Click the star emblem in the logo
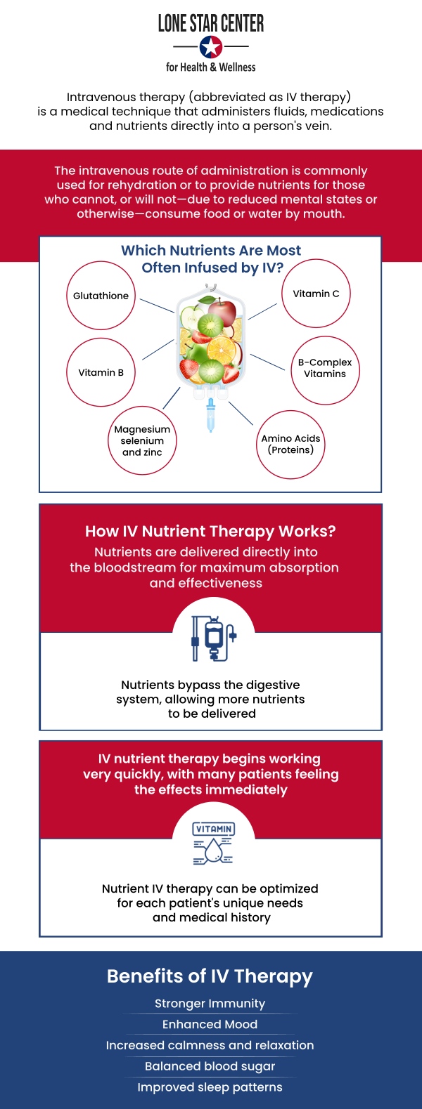[211, 47]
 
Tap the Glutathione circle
[101, 296]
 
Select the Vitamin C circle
[316, 294]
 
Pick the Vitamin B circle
[101, 372]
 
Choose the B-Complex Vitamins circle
[325, 369]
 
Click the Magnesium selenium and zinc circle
[142, 441]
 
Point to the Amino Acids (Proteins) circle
[290, 445]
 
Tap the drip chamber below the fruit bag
[210, 414]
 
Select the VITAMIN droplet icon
[213, 843]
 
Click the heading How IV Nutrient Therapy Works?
[210, 532]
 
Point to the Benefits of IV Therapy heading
[210, 976]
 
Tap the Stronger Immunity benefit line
[210, 1004]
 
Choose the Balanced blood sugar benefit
[210, 1066]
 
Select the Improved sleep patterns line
[210, 1087]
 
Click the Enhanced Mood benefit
[210, 1025]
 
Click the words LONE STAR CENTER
[211, 24]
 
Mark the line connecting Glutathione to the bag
[156, 305]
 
